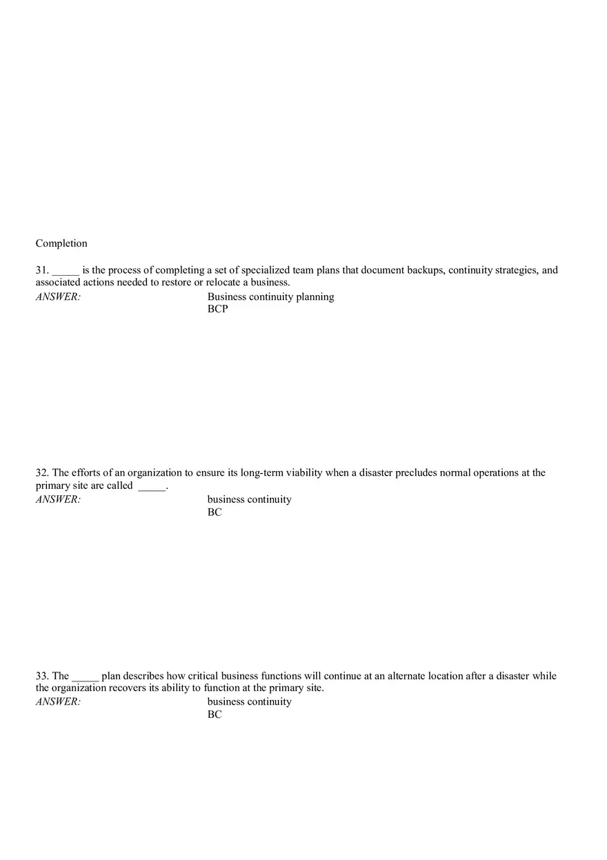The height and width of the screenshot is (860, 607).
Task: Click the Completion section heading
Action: click(61, 243)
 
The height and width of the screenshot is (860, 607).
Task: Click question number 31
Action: click(41, 270)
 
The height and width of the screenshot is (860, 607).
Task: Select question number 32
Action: click(41, 473)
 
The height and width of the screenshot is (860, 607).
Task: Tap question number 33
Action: click(41, 676)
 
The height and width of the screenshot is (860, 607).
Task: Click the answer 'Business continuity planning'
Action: click(270, 297)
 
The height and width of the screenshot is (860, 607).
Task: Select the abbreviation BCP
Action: click(217, 310)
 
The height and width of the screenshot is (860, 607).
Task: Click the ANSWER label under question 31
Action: click(58, 297)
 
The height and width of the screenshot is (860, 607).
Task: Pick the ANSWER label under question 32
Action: click(58, 500)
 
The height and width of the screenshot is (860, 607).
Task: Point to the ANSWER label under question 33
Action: click(58, 702)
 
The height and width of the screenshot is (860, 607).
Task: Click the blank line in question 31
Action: click(66, 272)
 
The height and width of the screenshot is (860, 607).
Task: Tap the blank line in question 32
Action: click(152, 488)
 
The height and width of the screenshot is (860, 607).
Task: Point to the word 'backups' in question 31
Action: click(426, 270)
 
